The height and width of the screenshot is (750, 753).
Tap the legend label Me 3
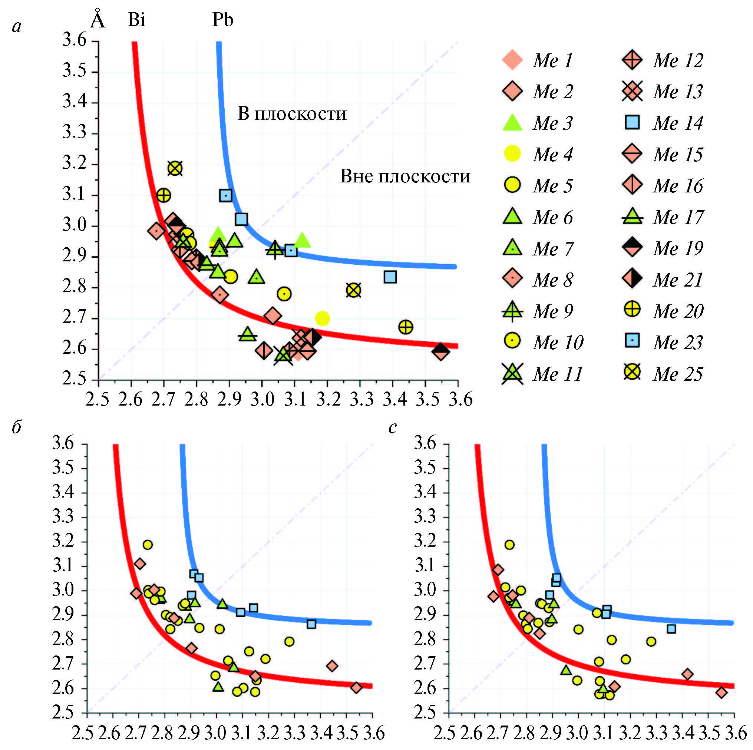(x=553, y=123)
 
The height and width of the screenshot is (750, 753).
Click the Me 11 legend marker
(x=512, y=374)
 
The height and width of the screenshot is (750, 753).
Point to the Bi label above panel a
(x=136, y=20)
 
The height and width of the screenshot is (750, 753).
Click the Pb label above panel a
(x=222, y=20)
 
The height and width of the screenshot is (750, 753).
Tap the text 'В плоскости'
(x=292, y=113)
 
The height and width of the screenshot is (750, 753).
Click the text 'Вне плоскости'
(x=405, y=176)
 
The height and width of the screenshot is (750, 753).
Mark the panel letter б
(x=16, y=427)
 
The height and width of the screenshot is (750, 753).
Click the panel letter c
(x=393, y=427)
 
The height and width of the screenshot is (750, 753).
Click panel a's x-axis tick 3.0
(x=262, y=399)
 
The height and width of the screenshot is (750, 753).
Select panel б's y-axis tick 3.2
(x=63, y=541)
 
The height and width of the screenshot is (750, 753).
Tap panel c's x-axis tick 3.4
(x=682, y=733)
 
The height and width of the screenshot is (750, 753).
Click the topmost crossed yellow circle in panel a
(x=175, y=168)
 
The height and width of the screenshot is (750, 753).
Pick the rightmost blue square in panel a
(x=390, y=277)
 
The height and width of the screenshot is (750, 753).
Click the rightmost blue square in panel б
(x=311, y=624)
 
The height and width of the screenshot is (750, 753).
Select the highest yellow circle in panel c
(x=509, y=545)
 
